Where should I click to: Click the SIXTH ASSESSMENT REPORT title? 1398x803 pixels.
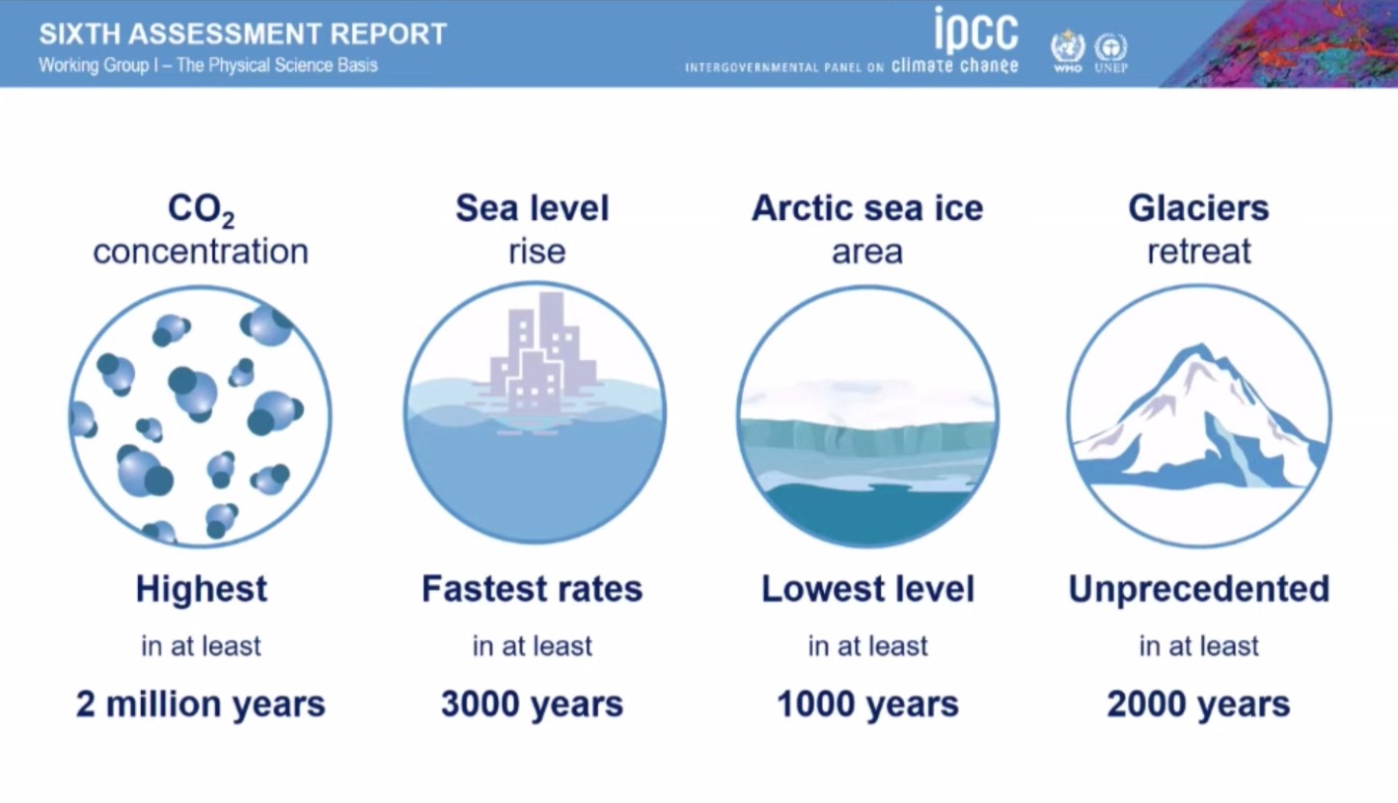pos(243,34)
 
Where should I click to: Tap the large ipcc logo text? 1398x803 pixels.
pos(976,29)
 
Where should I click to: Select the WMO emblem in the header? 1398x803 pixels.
pos(1067,50)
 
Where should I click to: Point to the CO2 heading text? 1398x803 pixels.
pos(201,209)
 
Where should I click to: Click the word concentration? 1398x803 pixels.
pos(201,252)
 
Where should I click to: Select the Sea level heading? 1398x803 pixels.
pos(533,208)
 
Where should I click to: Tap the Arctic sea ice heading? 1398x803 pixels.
pos(867,208)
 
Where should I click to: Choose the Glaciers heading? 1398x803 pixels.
pos(1198,208)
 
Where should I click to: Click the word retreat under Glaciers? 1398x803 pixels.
pos(1199,252)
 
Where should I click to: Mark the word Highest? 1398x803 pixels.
pos(202,589)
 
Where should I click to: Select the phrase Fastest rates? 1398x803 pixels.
pos(533,589)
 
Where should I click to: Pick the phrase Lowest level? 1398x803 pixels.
pos(867,589)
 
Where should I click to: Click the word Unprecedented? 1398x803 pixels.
pos(1199,589)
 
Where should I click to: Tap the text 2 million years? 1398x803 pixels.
pos(201,705)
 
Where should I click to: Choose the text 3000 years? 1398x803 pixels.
pos(533,705)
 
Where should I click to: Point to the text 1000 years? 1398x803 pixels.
pos(867,705)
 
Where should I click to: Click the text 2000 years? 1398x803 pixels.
pos(1198,705)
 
